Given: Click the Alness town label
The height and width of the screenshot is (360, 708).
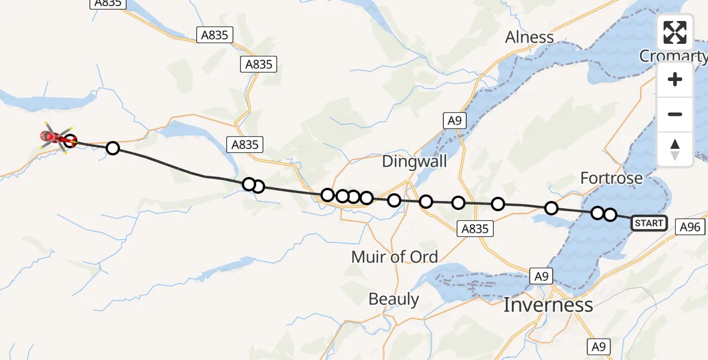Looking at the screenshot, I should pyautogui.click(x=529, y=37).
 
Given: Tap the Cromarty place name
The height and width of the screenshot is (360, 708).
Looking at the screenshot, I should pyautogui.click(x=673, y=56).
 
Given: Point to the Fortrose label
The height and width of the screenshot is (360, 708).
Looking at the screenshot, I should pyautogui.click(x=611, y=178).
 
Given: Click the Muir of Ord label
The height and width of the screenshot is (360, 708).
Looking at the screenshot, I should pyautogui.click(x=394, y=257).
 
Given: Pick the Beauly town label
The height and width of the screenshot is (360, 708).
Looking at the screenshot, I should pyautogui.click(x=394, y=299).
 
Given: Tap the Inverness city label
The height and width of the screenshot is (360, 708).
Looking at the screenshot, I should pyautogui.click(x=548, y=305).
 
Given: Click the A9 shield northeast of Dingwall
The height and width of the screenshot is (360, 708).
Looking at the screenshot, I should pyautogui.click(x=454, y=120).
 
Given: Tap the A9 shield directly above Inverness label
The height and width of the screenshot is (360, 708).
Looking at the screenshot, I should pyautogui.click(x=541, y=276).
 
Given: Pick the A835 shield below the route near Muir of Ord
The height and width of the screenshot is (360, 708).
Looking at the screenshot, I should pyautogui.click(x=475, y=228).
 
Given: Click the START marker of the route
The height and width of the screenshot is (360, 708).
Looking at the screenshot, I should pyautogui.click(x=649, y=223).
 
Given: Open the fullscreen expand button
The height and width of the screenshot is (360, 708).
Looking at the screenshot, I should pyautogui.click(x=675, y=32).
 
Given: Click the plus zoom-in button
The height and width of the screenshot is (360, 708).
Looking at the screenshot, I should pyautogui.click(x=675, y=80).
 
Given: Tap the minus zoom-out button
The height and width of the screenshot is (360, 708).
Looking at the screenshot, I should pyautogui.click(x=675, y=114).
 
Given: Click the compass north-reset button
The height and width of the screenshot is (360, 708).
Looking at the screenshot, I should pyautogui.click(x=675, y=149).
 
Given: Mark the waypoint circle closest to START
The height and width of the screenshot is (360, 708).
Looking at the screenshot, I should pyautogui.click(x=610, y=214).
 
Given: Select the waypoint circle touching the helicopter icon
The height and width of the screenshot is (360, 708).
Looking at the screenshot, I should pyautogui.click(x=71, y=142).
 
